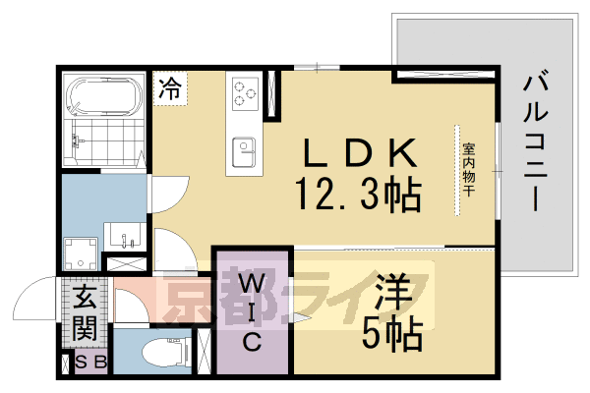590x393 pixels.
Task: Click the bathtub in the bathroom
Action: [x=104, y=95]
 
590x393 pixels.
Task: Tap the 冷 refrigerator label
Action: [x=170, y=88]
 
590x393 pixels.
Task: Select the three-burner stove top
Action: [x=245, y=93]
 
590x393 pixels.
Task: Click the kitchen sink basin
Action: [x=244, y=152]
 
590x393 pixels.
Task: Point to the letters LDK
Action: [x=360, y=152]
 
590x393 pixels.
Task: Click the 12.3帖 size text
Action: [x=358, y=195]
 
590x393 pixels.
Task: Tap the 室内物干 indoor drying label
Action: [x=468, y=169]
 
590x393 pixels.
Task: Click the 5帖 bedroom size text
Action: [x=392, y=333]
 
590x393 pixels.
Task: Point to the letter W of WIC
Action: [x=253, y=284]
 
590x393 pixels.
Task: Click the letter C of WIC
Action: [x=252, y=342]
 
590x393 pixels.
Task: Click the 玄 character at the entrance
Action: [x=85, y=297]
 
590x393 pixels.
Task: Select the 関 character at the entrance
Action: [x=85, y=327]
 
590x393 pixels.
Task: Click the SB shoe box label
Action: [x=91, y=363]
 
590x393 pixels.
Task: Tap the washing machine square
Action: [x=81, y=253]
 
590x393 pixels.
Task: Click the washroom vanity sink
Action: [x=125, y=236]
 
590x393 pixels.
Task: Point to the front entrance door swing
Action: [x=35, y=298]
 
